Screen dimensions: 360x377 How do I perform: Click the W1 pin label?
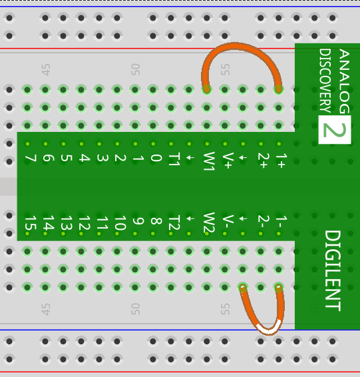[x=209, y=161]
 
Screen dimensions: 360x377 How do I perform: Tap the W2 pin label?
[x=209, y=222]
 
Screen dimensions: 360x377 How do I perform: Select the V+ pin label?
[x=227, y=160]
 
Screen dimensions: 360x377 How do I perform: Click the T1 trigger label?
[x=174, y=159]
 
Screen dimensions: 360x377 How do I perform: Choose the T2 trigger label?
[x=174, y=222]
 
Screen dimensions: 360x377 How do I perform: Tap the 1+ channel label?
[x=281, y=161]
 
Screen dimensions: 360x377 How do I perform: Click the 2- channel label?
[x=264, y=221]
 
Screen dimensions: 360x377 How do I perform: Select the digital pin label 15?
[x=31, y=222]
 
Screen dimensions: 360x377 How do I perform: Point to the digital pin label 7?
[x=31, y=158]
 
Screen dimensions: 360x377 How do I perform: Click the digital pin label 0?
[x=156, y=158]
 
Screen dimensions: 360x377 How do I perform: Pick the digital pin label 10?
[x=120, y=222]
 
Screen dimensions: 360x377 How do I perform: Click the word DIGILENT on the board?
[x=333, y=270]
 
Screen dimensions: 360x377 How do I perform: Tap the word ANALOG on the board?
[x=345, y=81]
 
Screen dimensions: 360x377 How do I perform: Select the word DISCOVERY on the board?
[x=325, y=81]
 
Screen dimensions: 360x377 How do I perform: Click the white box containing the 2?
[x=335, y=130]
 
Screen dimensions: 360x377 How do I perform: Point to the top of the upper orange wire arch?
[x=235, y=46]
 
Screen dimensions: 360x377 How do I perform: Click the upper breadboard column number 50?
[x=136, y=69]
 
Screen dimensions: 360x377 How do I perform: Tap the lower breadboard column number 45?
[x=46, y=309]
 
